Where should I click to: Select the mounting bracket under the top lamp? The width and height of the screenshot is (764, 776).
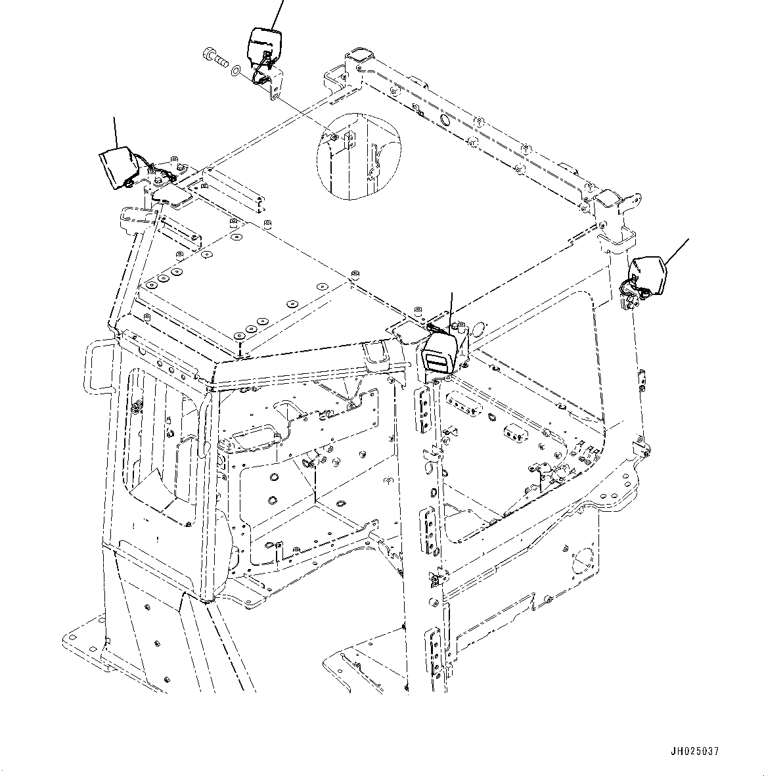[271, 84]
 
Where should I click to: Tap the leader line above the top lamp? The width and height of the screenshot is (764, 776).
[277, 13]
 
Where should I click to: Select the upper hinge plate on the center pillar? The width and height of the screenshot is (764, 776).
[424, 407]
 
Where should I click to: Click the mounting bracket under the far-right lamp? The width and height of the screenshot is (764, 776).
[630, 301]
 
